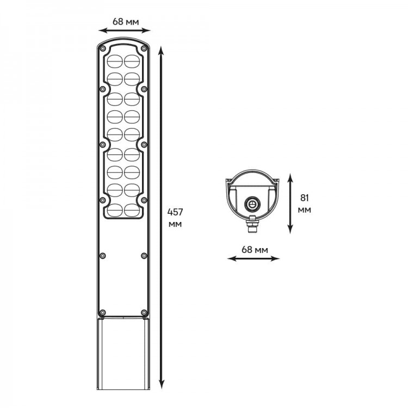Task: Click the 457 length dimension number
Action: [x=175, y=212]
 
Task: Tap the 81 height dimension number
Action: [x=304, y=198]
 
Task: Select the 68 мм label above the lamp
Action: [x=126, y=22]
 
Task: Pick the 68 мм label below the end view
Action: [x=255, y=250]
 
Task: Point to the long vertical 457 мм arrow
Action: [x=162, y=218]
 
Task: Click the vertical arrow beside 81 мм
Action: [x=290, y=203]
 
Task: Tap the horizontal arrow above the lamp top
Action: [x=125, y=30]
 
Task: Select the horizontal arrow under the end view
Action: [x=254, y=258]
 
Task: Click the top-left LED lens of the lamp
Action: [x=115, y=61]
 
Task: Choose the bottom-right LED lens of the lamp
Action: [x=132, y=210]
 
